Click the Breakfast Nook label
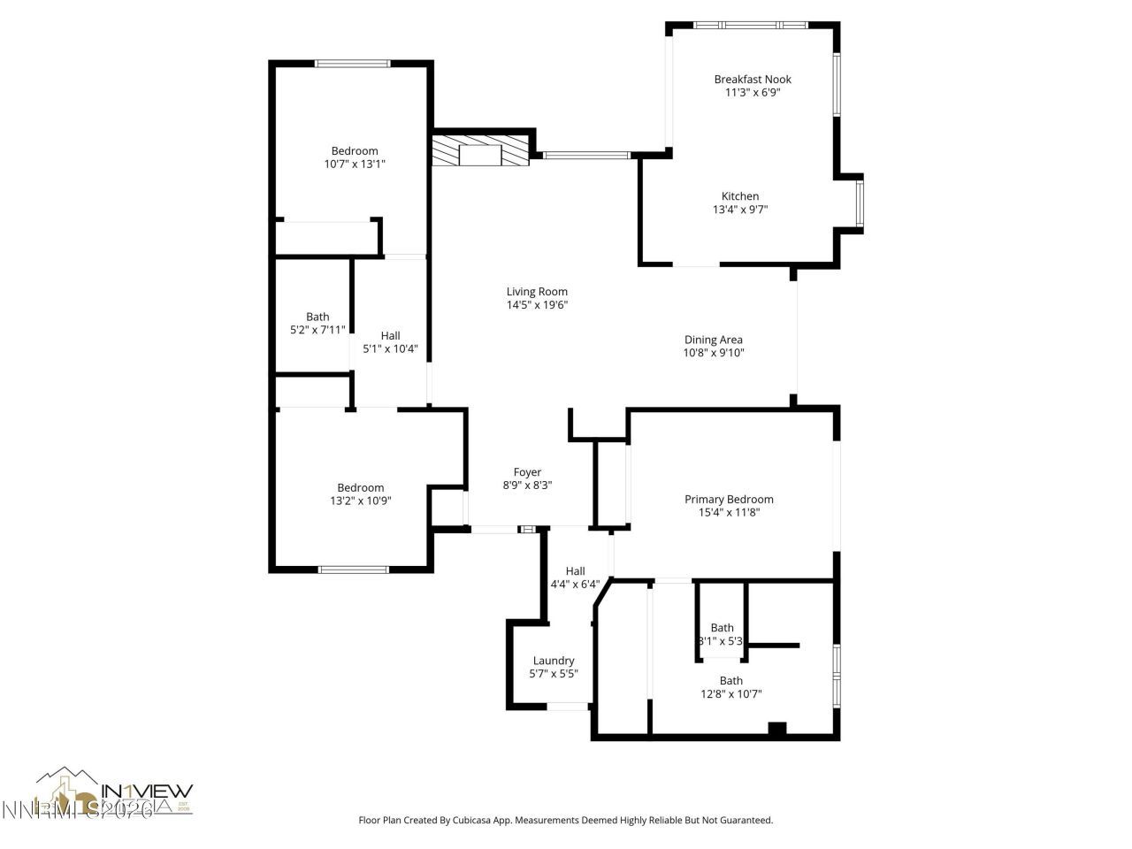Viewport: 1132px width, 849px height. [753, 80]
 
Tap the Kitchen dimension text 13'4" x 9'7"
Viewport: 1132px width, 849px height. [739, 210]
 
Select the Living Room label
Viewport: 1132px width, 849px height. [537, 292]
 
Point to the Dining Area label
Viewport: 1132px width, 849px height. [713, 340]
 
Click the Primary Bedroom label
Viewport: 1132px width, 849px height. [729, 500]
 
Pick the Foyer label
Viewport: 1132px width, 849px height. [527, 472]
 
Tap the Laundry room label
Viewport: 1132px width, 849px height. [554, 661]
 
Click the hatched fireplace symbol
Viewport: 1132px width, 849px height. [479, 149]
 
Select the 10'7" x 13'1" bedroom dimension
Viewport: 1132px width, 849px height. [355, 164]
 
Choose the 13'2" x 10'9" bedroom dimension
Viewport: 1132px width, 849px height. [360, 501]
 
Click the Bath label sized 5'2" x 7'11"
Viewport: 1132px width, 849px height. [317, 317]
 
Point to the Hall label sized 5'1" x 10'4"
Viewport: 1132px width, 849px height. [390, 335]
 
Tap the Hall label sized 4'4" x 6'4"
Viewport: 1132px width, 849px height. [575, 571]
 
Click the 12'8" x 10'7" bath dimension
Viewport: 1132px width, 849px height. [730, 694]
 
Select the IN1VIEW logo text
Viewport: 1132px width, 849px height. [148, 791]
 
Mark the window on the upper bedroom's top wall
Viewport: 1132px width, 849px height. [353, 63]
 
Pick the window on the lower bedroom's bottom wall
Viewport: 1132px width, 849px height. [354, 570]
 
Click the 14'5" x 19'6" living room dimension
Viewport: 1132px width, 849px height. [537, 305]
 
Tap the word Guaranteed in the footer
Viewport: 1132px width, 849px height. [746, 821]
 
